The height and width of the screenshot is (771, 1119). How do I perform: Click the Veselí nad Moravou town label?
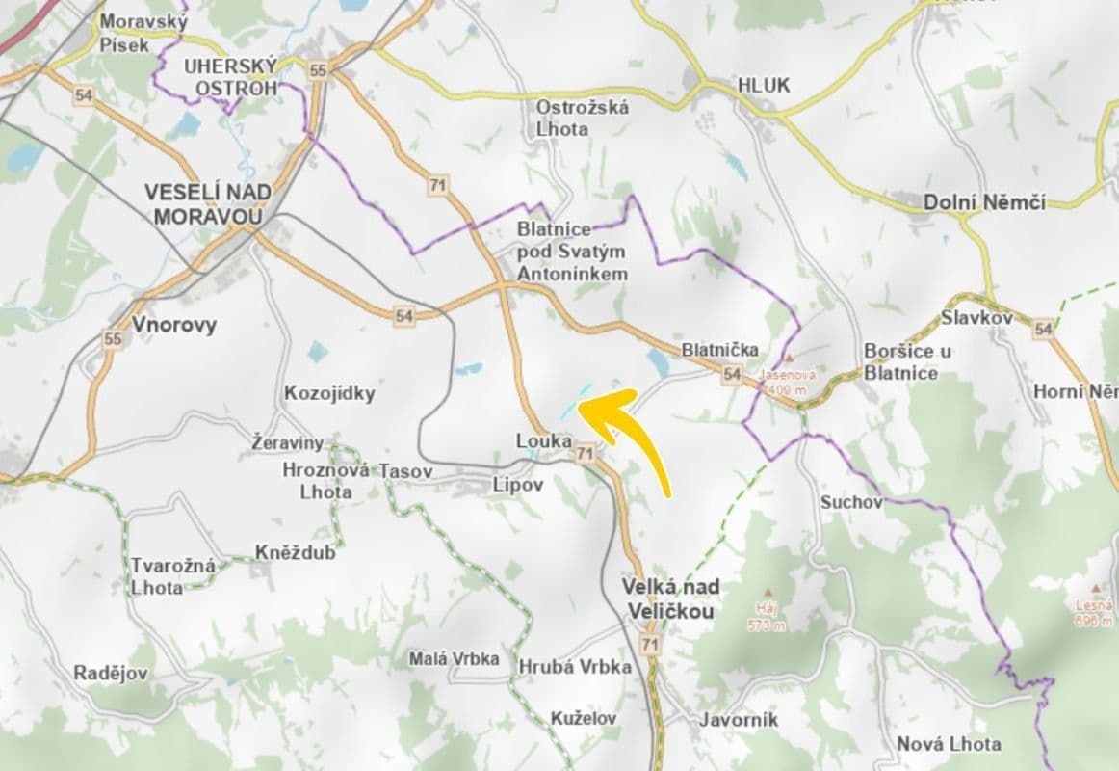pyautogui.click(x=207, y=204)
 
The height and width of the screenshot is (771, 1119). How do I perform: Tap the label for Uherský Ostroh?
pyautogui.click(x=230, y=77)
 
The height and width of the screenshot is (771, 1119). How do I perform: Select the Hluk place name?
pyautogui.click(x=763, y=86)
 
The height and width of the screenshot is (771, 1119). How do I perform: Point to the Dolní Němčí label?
pyautogui.click(x=983, y=203)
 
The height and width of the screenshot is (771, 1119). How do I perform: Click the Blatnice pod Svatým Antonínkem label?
pyautogui.click(x=571, y=253)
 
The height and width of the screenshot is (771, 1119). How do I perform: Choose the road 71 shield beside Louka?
pyautogui.click(x=584, y=453)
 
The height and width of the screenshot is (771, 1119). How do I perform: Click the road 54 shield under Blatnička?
pyautogui.click(x=732, y=374)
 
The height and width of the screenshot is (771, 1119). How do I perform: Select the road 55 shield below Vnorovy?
pyautogui.click(x=113, y=339)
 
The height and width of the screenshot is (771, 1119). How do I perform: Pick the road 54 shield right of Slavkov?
pyautogui.click(x=1043, y=330)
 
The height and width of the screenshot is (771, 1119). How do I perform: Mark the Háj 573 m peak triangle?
pyautogui.click(x=767, y=594)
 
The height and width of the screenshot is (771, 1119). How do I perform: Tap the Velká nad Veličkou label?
pyautogui.click(x=670, y=598)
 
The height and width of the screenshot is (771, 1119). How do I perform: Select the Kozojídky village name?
pyautogui.click(x=329, y=394)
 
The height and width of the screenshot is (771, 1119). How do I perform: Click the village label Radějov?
pyautogui.click(x=111, y=674)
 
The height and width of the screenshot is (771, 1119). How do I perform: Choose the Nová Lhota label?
pyautogui.click(x=949, y=744)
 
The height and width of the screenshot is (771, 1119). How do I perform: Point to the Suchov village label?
pyautogui.click(x=851, y=503)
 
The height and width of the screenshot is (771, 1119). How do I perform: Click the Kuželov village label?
pyautogui.click(x=584, y=718)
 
